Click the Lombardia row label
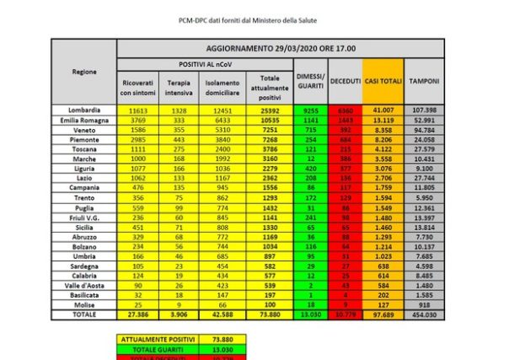84,110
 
